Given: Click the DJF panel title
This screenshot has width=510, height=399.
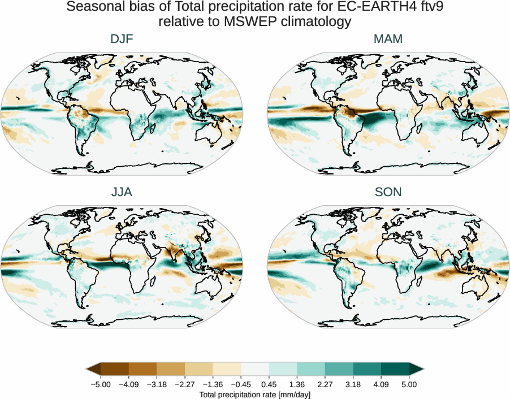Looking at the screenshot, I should click(x=122, y=40).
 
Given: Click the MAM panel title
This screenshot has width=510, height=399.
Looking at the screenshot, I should click(x=388, y=40).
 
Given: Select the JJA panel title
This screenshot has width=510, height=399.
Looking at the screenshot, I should click(x=122, y=192).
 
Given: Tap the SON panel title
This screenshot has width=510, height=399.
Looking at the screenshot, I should click(x=388, y=192).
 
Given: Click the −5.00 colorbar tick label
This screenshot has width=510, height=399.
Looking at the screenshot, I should click(x=101, y=384).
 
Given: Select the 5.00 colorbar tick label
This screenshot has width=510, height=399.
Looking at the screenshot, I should click(x=409, y=384).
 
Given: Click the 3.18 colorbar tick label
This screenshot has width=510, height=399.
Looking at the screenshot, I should click(x=353, y=384).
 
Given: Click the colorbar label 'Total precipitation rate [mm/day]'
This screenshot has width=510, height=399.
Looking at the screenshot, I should click(x=255, y=394).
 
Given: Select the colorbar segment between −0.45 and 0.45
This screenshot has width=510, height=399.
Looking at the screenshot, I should click(x=255, y=370).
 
